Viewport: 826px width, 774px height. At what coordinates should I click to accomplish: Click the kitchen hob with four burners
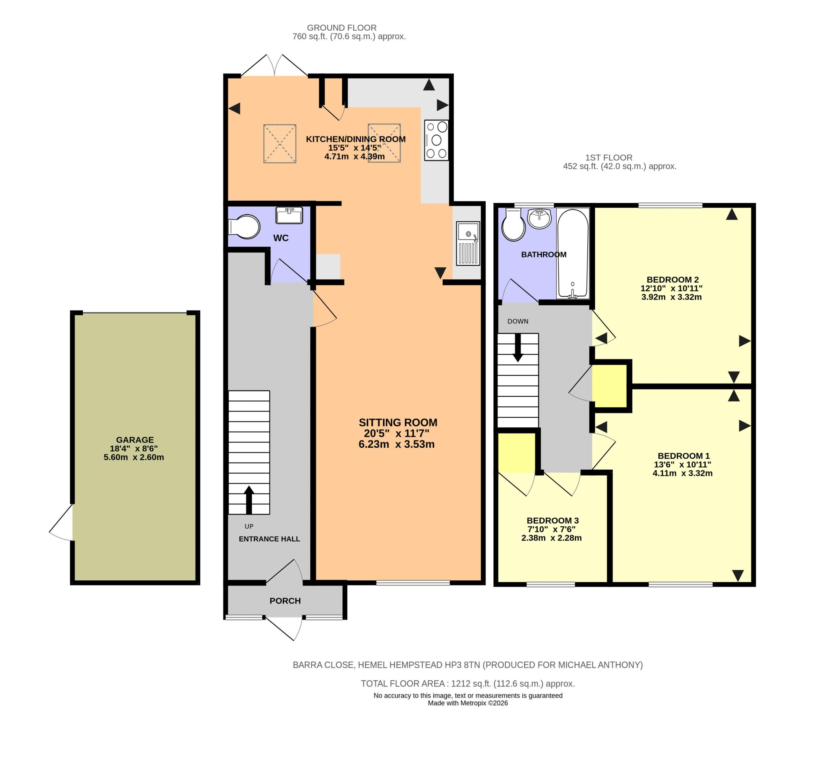[x=436, y=140]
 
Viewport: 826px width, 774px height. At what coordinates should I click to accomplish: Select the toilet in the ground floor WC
[x=244, y=227]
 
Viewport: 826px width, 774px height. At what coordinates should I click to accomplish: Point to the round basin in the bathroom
[x=539, y=219]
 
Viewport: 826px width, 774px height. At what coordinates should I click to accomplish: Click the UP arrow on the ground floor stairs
[x=249, y=500]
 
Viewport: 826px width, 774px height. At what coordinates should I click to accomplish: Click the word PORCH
[x=285, y=601]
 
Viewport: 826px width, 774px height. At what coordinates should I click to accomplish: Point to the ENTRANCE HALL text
[x=269, y=539]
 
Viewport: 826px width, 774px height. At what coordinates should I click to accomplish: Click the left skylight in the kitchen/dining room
[x=280, y=143]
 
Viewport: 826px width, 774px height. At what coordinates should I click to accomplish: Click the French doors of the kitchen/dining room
[x=275, y=65]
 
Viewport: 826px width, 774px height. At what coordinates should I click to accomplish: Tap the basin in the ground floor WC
[x=289, y=215]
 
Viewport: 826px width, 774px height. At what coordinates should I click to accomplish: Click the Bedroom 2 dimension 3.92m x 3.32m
[x=671, y=297]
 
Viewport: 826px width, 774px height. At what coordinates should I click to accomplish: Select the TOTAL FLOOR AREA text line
[x=468, y=683]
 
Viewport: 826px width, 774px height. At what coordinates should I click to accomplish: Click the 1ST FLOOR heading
[x=609, y=158]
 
